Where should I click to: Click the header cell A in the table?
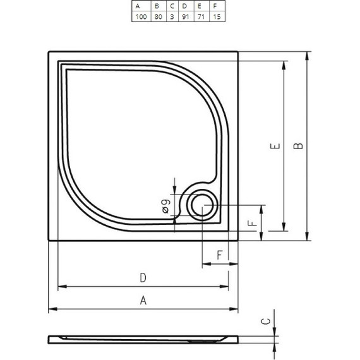click(x=137, y=6)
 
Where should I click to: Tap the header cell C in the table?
click(x=172, y=6)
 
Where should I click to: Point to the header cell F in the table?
click(x=215, y=6)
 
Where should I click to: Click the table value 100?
click(x=140, y=16)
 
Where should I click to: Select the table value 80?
click(x=157, y=16)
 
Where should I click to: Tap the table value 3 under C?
click(x=172, y=16)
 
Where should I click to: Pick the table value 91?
click(x=184, y=16)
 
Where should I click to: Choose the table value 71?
click(x=200, y=16)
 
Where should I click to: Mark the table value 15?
click(x=216, y=16)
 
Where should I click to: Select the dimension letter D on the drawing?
click(x=143, y=278)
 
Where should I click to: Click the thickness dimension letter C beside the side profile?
click(x=267, y=321)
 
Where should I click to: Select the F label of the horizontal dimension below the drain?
click(x=219, y=255)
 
